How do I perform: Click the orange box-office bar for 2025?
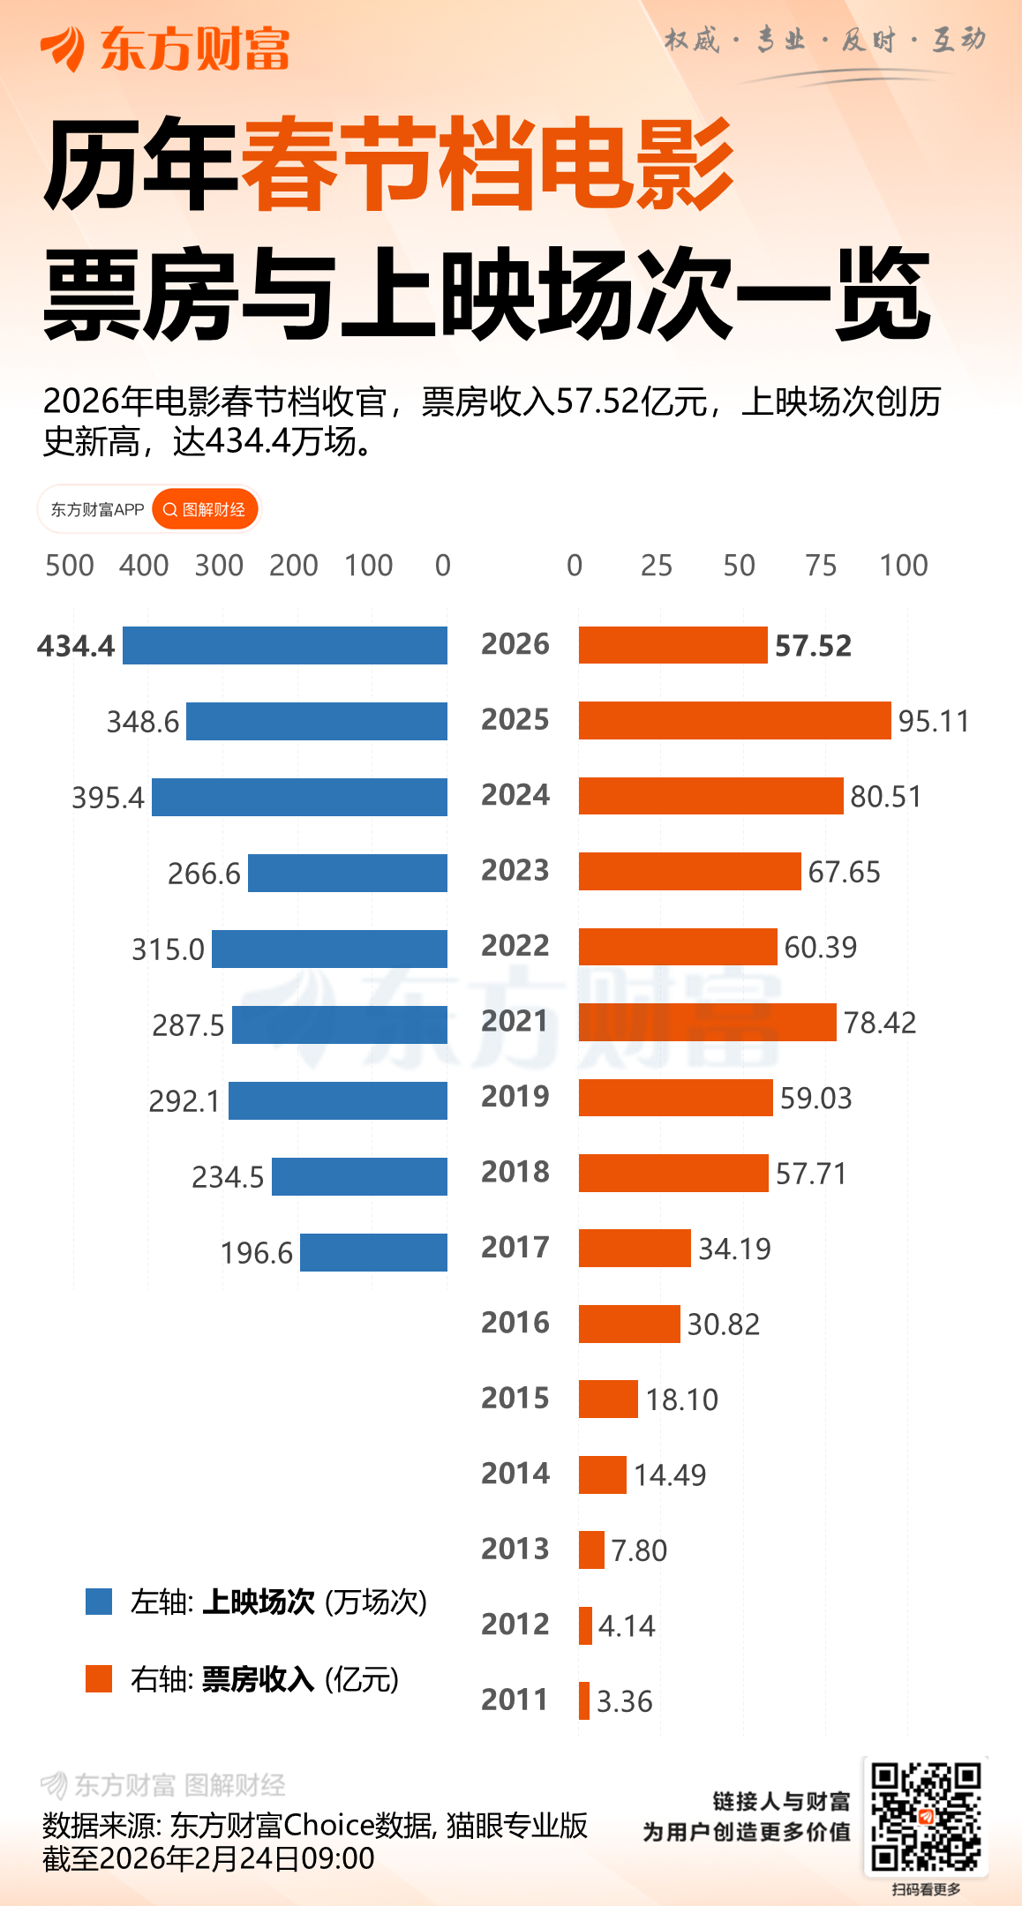point(734,720)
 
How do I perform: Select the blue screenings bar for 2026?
point(284,645)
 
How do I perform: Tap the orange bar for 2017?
point(635,1248)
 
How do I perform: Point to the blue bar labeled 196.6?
point(373,1252)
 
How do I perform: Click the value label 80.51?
point(885,797)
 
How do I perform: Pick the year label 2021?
point(515,1021)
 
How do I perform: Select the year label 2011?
point(515,1700)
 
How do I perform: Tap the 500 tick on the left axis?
point(70,566)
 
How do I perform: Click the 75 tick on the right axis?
point(821,566)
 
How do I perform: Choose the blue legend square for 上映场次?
point(99,1602)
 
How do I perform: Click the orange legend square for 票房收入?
point(99,1678)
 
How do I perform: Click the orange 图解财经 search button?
point(205,510)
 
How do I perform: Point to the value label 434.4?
point(76,646)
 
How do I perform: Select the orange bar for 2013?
point(591,1550)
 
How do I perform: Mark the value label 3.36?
point(625,1701)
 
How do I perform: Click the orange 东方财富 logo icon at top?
point(63,48)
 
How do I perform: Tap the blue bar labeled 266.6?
point(347,873)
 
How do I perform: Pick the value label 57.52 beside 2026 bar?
point(813,646)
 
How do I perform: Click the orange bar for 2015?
point(608,1399)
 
